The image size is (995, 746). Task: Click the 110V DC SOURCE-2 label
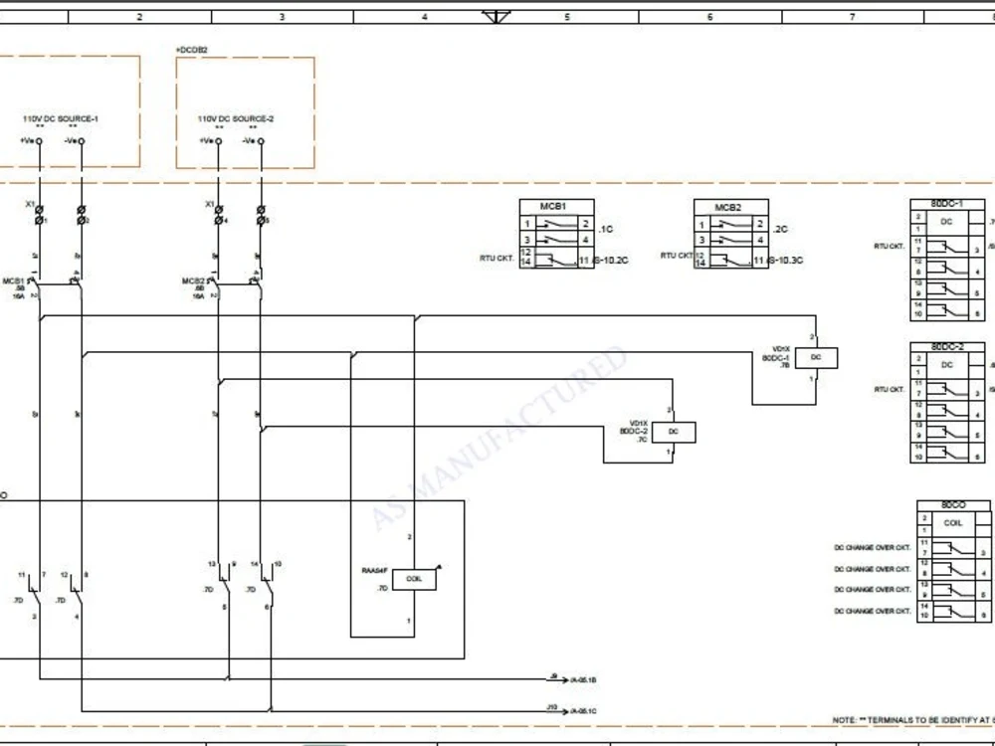coord(235,118)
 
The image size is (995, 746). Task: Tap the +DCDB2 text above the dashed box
coord(191,50)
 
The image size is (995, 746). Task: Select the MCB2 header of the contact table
coord(728,207)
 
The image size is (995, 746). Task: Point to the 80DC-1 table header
coord(946,204)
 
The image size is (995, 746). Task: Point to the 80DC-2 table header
coord(946,347)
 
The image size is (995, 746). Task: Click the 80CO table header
coord(952,505)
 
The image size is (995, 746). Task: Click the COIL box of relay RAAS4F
coord(414,579)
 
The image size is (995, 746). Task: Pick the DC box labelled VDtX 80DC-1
coord(816,357)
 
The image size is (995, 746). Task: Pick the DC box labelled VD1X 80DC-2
coord(674,432)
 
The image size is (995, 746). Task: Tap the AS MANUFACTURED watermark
coord(497,438)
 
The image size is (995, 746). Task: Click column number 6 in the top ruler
coord(709,17)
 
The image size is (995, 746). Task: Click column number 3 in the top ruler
coord(282,17)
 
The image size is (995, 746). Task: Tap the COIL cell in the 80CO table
coord(952,522)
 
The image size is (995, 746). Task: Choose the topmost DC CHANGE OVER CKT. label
coord(873,548)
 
